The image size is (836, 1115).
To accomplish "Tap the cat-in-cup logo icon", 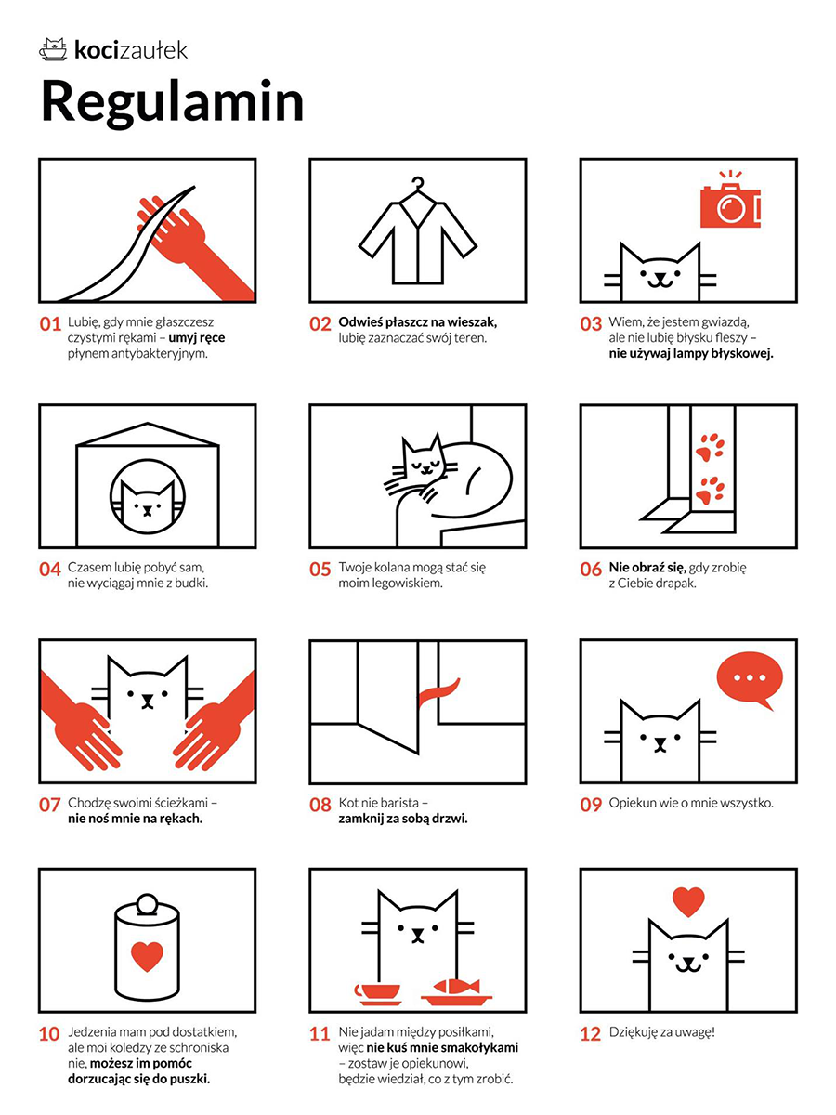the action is tap(53, 49).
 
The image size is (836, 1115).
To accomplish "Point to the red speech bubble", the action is tap(750, 679).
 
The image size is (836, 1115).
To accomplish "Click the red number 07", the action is tap(50, 805).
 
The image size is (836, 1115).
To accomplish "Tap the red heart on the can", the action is tap(147, 956).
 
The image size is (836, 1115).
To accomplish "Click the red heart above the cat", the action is tap(688, 901).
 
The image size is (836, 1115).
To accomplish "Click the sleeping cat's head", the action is tap(424, 457).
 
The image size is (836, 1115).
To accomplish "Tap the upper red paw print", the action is tap(710, 447).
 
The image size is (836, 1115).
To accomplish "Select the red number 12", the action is tap(591, 1034).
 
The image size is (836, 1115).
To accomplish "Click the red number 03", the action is tap(591, 323).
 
